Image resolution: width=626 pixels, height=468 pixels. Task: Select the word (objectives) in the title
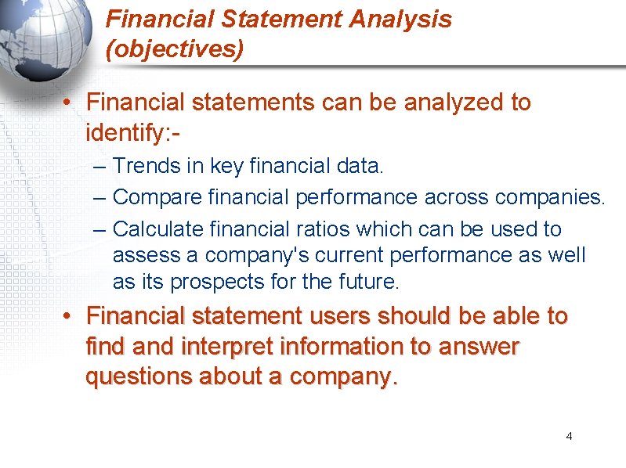point(175,49)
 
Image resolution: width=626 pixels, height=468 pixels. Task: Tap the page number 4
point(569,436)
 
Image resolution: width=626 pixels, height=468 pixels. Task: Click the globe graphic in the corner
point(47,43)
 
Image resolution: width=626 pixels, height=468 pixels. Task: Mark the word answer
point(481,347)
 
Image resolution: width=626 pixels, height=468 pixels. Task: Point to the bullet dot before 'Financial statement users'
point(69,317)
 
